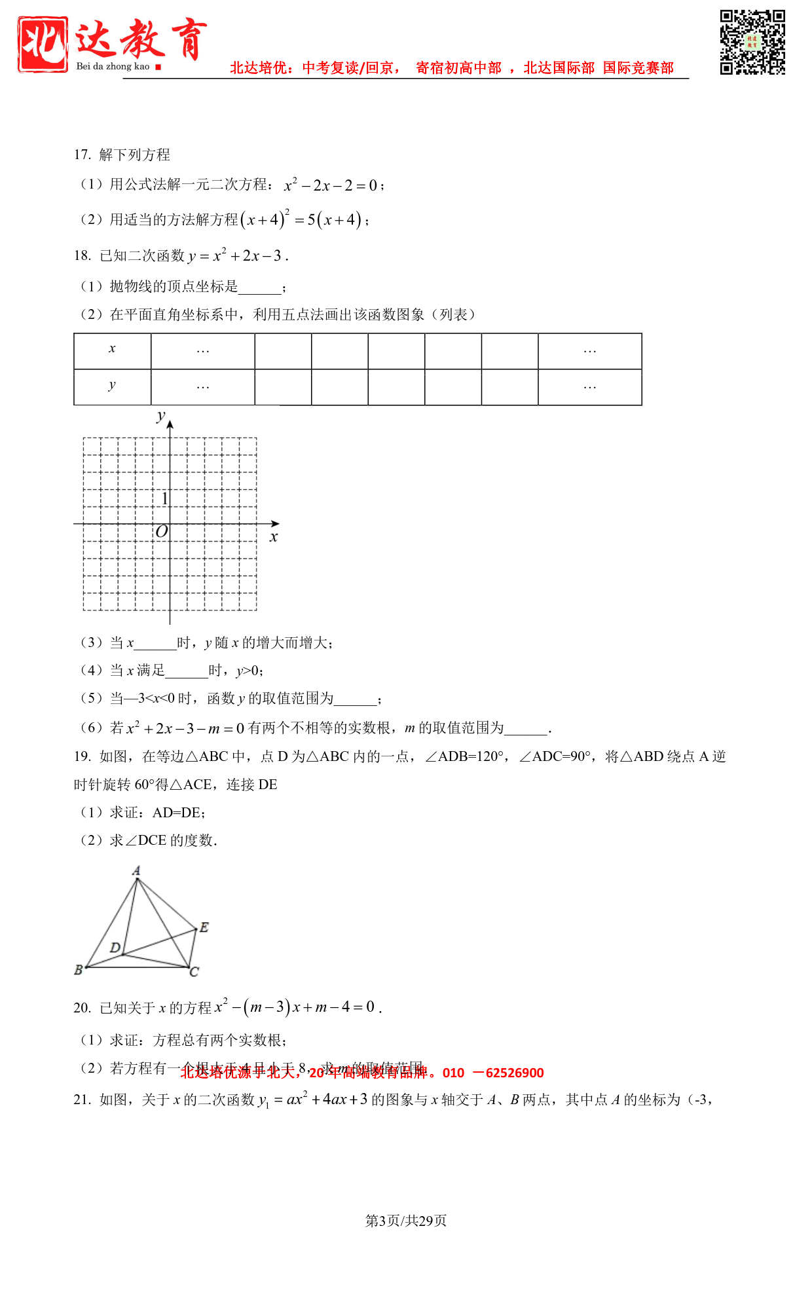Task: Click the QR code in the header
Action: [x=752, y=42]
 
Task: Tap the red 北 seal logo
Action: [x=43, y=44]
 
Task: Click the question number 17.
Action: [x=82, y=155]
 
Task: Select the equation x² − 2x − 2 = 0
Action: [x=331, y=185]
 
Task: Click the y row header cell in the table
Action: [x=112, y=386]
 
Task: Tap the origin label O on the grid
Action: [x=161, y=531]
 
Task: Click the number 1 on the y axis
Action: [x=164, y=498]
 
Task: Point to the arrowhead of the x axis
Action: [x=276, y=523]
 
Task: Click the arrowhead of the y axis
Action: [x=170, y=424]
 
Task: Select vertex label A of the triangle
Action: [x=136, y=870]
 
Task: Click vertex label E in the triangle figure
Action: [x=204, y=927]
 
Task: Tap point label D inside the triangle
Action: [x=115, y=948]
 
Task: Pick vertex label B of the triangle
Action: [x=79, y=969]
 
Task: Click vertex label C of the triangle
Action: [x=194, y=972]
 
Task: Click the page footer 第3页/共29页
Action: [x=406, y=1221]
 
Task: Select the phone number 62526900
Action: [x=515, y=1073]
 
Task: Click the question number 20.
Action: [x=82, y=1008]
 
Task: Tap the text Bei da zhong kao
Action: [x=113, y=66]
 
